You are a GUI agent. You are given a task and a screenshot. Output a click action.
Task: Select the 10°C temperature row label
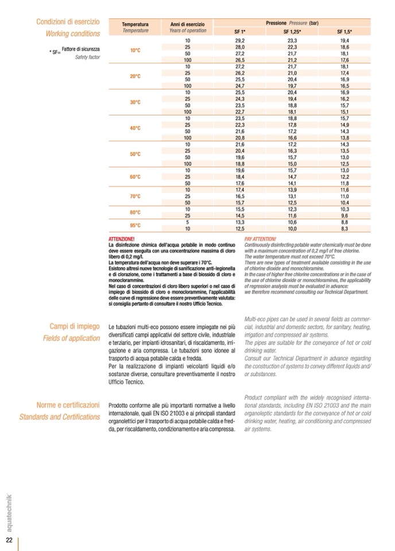(135, 50)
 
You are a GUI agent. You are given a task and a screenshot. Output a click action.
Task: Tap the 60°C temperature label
(135, 176)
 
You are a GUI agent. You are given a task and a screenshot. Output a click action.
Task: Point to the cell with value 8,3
(344, 229)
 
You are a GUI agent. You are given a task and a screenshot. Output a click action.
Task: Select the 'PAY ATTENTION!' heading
(260, 238)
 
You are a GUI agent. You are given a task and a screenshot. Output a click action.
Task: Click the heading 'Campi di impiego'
(75, 326)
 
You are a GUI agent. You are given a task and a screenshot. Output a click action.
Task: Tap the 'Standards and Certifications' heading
(60, 416)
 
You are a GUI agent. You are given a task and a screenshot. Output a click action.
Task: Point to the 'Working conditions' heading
(73, 33)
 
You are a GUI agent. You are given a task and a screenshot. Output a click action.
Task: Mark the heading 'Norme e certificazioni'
(68, 404)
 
